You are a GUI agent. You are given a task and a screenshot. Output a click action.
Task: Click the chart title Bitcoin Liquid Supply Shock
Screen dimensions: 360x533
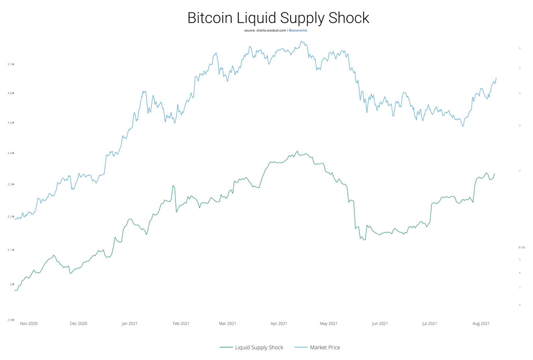[x=278, y=18]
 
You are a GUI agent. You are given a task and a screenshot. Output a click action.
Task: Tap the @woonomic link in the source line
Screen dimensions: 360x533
[x=298, y=30]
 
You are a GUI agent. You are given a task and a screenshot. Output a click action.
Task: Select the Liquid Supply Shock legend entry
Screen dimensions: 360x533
[x=259, y=347]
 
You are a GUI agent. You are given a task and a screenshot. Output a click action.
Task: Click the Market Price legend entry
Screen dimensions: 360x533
[x=325, y=347]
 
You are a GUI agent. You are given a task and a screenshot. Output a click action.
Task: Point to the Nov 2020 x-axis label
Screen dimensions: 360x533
[x=29, y=323]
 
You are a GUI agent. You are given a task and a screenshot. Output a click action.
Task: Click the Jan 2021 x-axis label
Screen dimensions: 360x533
[x=130, y=323]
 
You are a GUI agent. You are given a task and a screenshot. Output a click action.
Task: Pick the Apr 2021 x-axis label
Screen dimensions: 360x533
[x=279, y=323]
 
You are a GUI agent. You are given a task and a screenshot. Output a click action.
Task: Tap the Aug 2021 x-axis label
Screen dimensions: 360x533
[x=481, y=323]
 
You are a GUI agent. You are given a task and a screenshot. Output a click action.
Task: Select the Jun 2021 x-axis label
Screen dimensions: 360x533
[x=380, y=323]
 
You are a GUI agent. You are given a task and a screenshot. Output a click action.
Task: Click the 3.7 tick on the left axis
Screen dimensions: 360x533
[x=10, y=64]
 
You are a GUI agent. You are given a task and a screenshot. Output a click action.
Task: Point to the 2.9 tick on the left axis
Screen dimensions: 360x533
[x=10, y=320]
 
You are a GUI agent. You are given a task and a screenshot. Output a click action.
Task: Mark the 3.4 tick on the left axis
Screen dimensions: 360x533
[x=10, y=153]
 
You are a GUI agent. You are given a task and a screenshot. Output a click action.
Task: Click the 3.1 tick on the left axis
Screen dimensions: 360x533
[x=10, y=250]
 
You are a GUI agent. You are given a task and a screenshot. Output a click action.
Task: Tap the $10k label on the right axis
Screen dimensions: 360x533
[x=522, y=248]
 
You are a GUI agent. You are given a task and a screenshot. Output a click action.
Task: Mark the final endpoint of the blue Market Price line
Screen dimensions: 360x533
[x=496, y=78]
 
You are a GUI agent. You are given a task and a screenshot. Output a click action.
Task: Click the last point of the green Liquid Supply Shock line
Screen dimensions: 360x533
[x=495, y=174]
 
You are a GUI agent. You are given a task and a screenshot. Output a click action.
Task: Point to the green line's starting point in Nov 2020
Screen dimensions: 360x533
[x=15, y=290]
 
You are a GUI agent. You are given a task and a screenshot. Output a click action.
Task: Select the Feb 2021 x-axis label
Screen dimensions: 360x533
[x=181, y=323]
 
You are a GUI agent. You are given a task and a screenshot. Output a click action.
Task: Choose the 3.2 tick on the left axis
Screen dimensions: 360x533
[x=10, y=217]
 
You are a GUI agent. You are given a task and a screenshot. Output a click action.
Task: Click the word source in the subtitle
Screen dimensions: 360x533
[x=250, y=30]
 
